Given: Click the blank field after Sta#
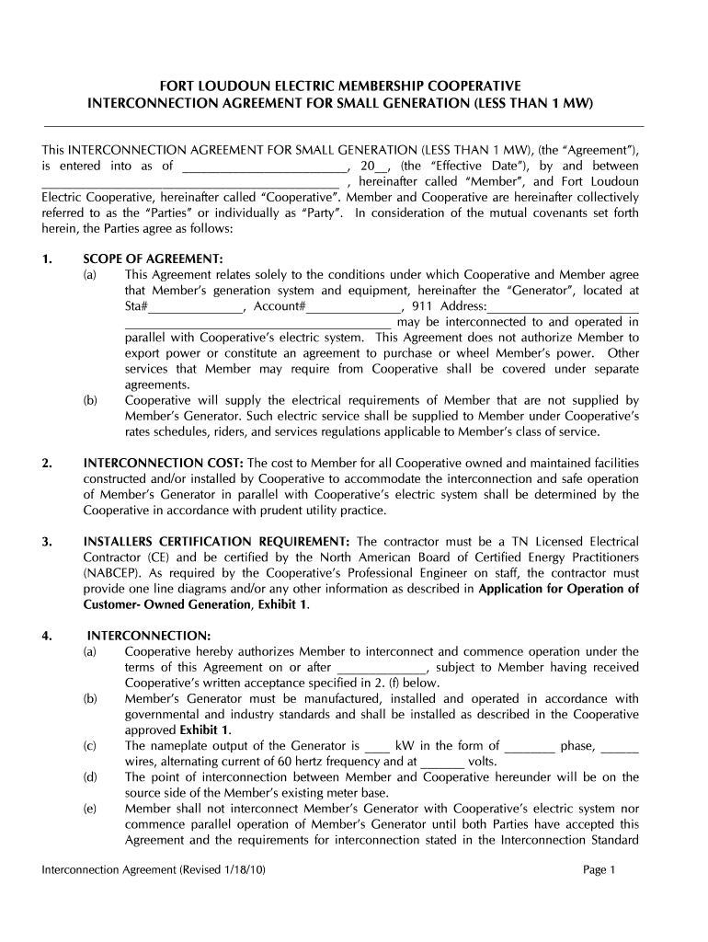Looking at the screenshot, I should pos(197,307).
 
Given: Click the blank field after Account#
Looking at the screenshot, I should pos(354,307).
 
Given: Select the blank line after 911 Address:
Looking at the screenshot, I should pos(562,307).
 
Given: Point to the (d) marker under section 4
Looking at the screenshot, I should pos(90,778).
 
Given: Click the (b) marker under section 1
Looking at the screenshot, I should pos(90,400).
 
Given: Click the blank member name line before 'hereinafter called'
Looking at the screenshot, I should pos(184,182).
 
